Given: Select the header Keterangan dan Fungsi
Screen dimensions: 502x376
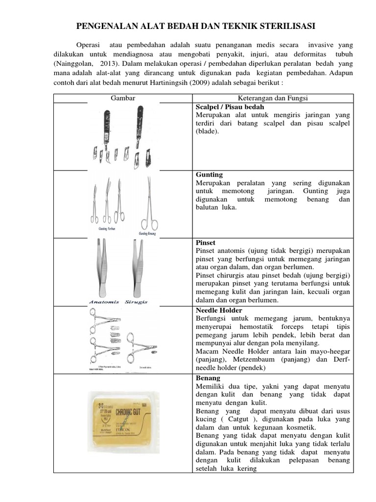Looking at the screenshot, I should (x=273, y=98).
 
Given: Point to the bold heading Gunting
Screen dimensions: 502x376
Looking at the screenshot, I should (x=209, y=175).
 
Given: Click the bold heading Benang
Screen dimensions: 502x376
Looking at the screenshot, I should (x=208, y=378).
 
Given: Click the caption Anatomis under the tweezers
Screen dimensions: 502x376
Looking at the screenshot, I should (x=104, y=302).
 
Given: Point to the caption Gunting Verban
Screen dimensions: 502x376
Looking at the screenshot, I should (x=103, y=229).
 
